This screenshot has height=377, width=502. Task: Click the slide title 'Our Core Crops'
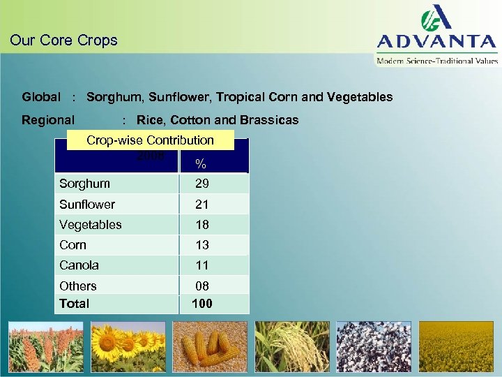click(63, 40)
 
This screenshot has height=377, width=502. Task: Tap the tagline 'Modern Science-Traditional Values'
click(437, 61)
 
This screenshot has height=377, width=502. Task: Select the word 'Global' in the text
click(41, 97)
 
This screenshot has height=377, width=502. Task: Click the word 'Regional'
click(48, 120)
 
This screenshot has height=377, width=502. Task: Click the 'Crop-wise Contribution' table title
click(150, 140)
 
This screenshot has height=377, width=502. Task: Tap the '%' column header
click(201, 164)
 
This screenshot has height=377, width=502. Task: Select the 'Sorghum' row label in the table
click(84, 184)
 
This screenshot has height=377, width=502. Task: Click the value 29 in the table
click(202, 184)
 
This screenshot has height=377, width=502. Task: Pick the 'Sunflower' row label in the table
click(87, 205)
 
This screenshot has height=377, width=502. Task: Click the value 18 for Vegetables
click(202, 225)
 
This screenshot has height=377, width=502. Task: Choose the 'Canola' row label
click(79, 265)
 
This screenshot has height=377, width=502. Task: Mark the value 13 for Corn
click(202, 245)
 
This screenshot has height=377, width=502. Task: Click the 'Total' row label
click(75, 304)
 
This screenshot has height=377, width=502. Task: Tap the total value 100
click(202, 304)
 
